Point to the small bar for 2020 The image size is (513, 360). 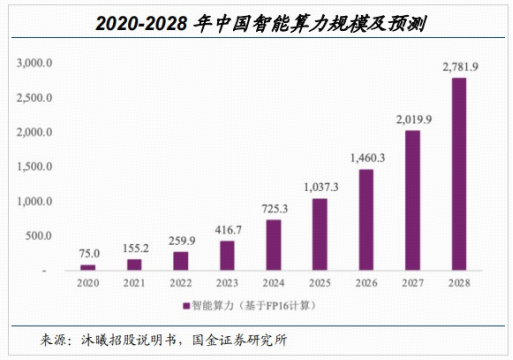(x=88, y=267)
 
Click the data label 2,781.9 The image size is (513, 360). (x=459, y=67)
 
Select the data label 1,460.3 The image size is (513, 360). (x=366, y=157)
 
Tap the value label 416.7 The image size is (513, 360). (x=227, y=229)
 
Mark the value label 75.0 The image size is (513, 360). (x=88, y=253)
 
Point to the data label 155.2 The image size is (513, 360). (x=134, y=247)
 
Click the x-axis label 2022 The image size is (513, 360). (x=181, y=283)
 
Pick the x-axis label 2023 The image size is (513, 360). (x=227, y=283)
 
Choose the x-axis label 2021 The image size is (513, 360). (x=134, y=283)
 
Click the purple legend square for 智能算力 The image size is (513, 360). (x=186, y=304)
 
